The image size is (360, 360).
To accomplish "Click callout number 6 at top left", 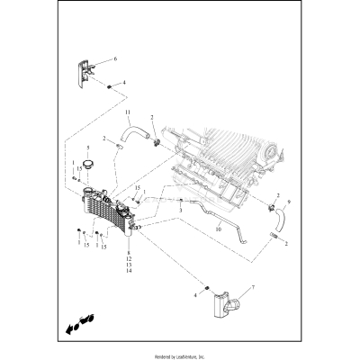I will (x=114, y=58).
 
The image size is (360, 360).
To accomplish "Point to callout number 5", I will (x=87, y=148).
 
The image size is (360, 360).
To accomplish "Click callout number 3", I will (x=180, y=208).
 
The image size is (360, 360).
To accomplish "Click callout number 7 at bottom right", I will (x=252, y=287).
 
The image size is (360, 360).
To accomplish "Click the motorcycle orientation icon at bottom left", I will (x=77, y=322).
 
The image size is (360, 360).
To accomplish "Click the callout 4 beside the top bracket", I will (x=124, y=83).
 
